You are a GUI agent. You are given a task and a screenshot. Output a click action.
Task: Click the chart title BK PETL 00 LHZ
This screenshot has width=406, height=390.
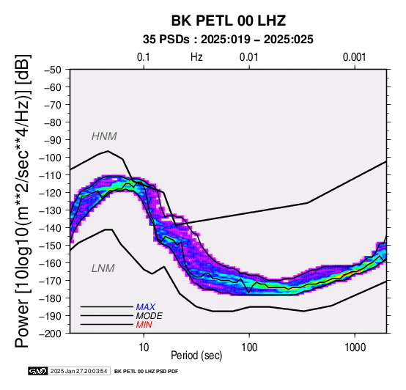(229, 21)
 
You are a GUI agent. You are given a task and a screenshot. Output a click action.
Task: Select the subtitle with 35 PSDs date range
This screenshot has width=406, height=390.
(228, 40)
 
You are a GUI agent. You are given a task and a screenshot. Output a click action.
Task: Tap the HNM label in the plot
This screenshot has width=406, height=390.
(104, 136)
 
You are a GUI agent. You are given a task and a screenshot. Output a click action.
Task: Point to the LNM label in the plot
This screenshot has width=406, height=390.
(103, 268)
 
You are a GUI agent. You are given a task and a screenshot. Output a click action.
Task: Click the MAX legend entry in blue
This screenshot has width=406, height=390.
(146, 307)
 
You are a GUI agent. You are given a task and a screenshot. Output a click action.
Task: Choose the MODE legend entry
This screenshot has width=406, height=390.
(150, 316)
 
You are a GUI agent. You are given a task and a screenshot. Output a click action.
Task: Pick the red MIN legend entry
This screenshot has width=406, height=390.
(144, 325)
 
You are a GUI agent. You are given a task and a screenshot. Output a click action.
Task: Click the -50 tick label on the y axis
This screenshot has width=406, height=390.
(53, 70)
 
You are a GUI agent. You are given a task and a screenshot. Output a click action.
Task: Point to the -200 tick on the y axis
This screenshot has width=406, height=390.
(51, 334)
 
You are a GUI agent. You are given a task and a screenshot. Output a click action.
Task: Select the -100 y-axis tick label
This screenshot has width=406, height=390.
(51, 158)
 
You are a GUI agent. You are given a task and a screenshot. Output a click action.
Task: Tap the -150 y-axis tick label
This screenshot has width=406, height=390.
(51, 246)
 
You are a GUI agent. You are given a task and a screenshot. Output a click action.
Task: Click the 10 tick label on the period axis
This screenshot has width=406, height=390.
(144, 347)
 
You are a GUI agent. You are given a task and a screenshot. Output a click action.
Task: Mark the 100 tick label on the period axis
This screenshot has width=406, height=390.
(249, 347)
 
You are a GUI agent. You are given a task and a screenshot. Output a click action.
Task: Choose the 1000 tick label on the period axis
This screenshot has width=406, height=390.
(355, 347)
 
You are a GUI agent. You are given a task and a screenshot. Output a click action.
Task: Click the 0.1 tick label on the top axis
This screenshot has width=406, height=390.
(144, 57)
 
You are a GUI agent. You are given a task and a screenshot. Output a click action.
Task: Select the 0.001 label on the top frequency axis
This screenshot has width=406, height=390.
(355, 57)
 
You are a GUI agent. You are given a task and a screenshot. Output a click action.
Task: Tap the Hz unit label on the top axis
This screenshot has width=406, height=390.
(196, 57)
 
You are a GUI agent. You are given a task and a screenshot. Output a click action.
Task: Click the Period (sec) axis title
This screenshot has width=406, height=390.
(196, 356)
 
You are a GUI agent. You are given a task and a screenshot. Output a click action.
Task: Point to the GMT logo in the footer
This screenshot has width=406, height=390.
(38, 371)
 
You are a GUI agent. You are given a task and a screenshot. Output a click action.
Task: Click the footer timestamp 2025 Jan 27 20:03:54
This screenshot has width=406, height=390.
(78, 371)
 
